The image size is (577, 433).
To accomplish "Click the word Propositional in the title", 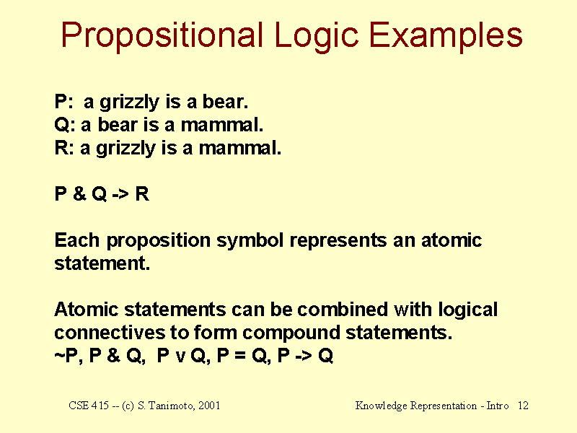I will click(x=162, y=35).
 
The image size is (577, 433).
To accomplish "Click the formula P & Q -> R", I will click(x=102, y=194).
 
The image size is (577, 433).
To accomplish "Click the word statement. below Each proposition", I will click(x=102, y=263).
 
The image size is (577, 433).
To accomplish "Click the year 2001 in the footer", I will click(x=207, y=406).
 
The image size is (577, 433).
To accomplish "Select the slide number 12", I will click(x=523, y=406).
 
